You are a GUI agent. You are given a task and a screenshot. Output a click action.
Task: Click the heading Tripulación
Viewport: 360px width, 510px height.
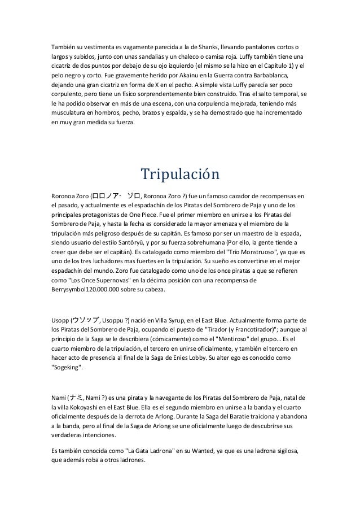pos(179,174)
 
